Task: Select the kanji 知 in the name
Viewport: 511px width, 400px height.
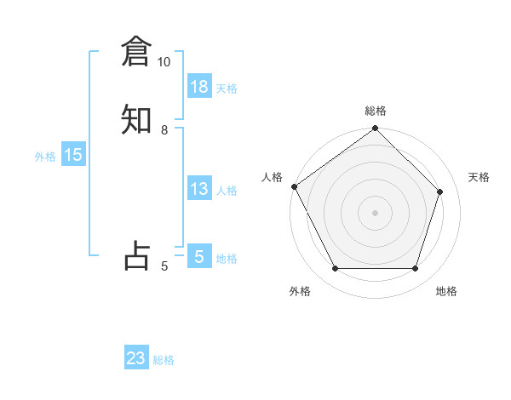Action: pos(136,119)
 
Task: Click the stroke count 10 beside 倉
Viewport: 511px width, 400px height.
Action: pos(164,62)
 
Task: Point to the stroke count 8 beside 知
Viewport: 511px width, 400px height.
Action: pos(164,130)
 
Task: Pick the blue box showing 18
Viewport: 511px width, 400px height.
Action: pos(199,87)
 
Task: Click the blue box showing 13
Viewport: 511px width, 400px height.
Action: pos(199,189)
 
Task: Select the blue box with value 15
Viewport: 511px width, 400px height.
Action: pos(73,155)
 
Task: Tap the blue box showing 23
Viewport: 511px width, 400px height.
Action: pos(136,358)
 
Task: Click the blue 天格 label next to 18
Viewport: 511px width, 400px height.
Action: pos(227,89)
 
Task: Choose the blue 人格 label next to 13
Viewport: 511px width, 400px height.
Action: pos(227,191)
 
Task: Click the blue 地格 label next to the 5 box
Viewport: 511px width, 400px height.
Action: pos(227,259)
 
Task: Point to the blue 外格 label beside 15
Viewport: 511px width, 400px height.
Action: pos(45,157)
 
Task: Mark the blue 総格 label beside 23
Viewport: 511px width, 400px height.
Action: pos(164,360)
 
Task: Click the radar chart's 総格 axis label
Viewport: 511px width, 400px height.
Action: pos(376,111)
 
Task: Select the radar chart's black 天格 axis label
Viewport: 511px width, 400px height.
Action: pos(479,177)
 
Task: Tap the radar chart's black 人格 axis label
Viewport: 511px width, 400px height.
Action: pos(272,177)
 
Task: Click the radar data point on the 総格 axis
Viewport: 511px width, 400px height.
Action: pos(376,129)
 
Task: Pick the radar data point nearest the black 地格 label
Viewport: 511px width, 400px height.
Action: pos(416,269)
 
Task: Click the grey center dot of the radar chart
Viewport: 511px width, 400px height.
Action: pos(376,212)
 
